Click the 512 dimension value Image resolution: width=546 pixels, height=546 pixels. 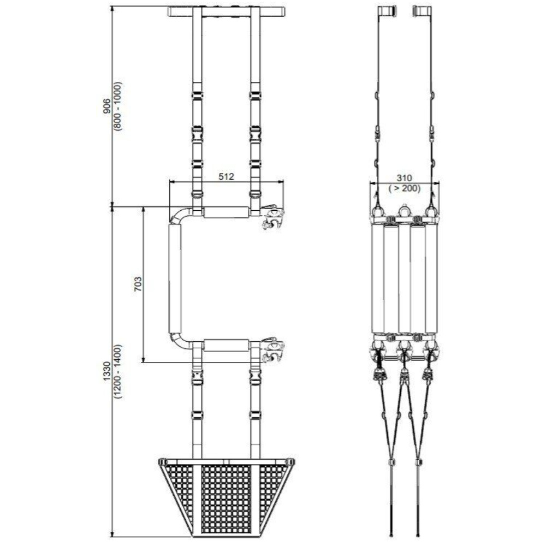point(226,176)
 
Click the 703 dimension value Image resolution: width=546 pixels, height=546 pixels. point(138,284)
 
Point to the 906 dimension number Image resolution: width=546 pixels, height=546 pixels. point(107,106)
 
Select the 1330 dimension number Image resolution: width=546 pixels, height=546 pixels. point(107,371)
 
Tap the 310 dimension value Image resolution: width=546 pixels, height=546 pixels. point(404,179)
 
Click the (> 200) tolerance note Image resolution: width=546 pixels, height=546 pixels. point(404,189)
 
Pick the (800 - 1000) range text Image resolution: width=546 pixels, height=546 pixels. point(117,106)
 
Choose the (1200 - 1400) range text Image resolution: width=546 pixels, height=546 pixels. point(117,371)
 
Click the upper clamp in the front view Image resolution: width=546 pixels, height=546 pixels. point(273,217)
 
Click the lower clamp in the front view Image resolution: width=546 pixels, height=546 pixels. point(273,349)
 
